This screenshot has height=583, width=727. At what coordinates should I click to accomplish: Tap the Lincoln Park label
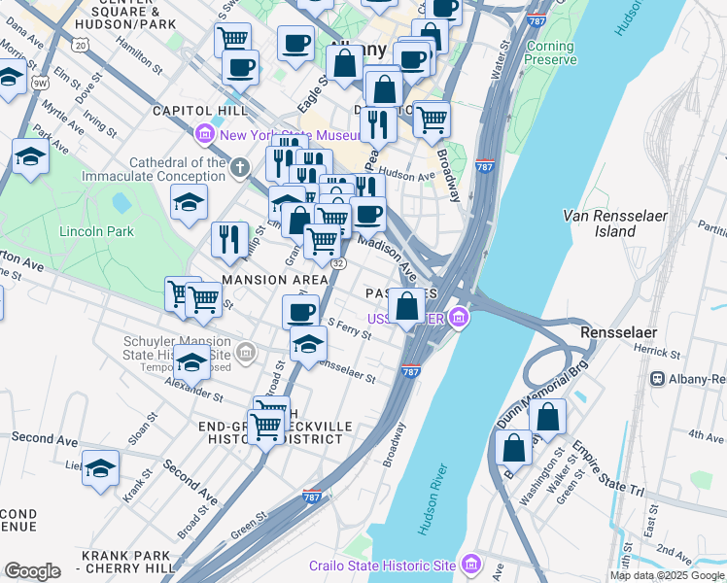coord(96,231)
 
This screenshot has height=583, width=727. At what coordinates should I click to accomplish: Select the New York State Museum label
coord(276,136)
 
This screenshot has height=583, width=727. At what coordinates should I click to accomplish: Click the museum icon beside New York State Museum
coord(205,133)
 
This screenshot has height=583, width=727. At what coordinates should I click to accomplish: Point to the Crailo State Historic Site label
coord(382,566)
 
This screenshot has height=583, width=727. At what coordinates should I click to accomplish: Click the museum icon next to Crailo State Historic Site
coord(471,564)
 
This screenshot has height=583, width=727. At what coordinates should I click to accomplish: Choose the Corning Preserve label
coord(550,52)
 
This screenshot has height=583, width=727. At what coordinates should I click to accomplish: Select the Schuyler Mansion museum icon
coord(247,351)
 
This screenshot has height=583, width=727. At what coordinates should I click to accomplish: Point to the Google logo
coord(32,571)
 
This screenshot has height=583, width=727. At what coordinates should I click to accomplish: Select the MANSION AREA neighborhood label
coord(275,280)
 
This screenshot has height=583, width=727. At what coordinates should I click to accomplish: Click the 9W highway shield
coord(40,83)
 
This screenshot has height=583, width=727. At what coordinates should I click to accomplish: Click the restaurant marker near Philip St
coord(229,238)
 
